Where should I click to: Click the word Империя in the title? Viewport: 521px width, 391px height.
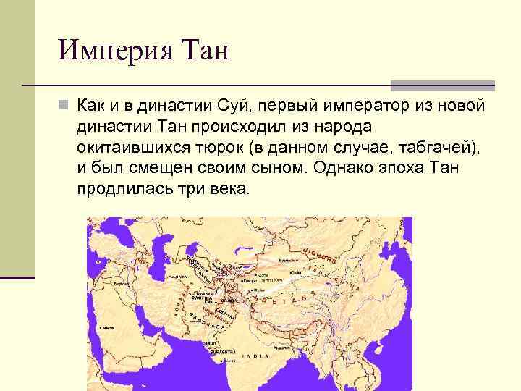point(111,52)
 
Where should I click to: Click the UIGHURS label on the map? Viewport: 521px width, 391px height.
point(318,254)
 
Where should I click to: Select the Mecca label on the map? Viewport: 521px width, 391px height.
point(108,327)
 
